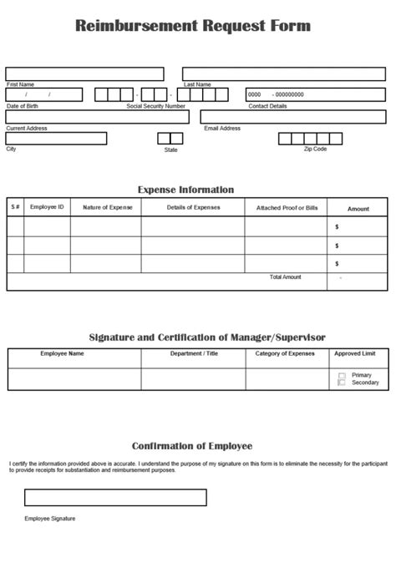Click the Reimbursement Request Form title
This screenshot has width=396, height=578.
click(x=193, y=26)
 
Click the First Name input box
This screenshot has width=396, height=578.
click(x=84, y=74)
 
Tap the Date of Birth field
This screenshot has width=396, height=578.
click(x=44, y=94)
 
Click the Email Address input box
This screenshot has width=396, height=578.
click(x=293, y=117)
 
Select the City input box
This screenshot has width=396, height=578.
click(x=56, y=139)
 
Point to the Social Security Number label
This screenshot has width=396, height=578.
click(x=155, y=106)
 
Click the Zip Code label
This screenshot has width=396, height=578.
click(x=315, y=150)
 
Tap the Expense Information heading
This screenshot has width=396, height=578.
click(x=185, y=190)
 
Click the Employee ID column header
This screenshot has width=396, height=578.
click(x=47, y=207)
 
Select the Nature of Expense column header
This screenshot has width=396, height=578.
click(x=105, y=207)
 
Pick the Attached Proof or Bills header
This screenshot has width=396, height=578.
click(x=287, y=207)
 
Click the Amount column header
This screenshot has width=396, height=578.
click(x=358, y=208)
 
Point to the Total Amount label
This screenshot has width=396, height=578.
click(x=285, y=276)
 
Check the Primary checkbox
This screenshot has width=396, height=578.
click(x=342, y=376)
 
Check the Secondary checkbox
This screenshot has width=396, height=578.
click(x=342, y=383)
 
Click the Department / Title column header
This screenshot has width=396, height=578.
click(x=193, y=353)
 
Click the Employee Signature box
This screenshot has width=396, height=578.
click(x=115, y=497)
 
